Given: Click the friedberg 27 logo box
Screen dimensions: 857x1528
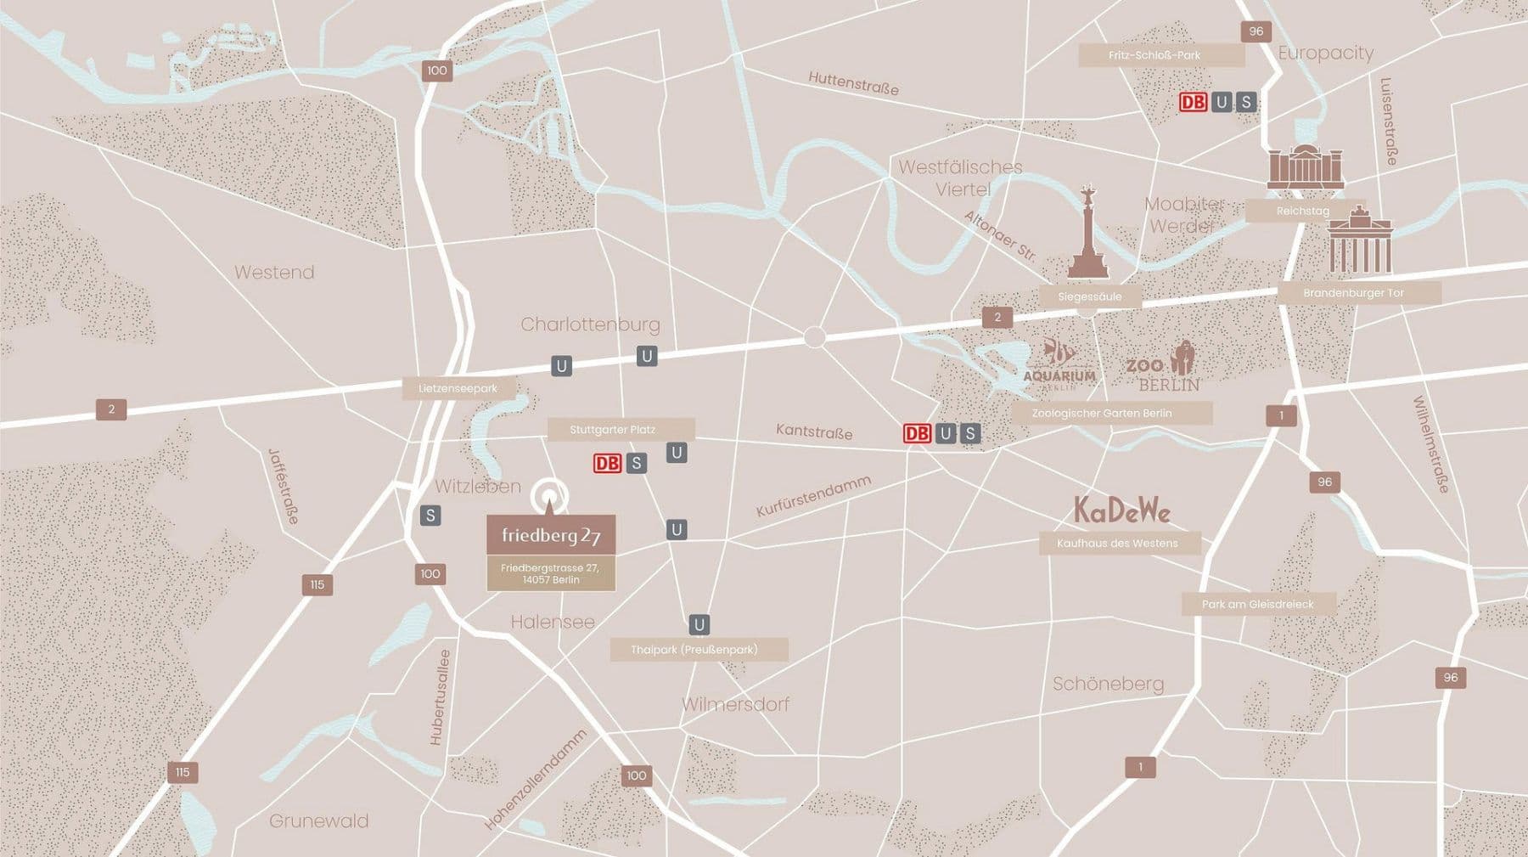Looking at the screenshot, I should (x=551, y=536).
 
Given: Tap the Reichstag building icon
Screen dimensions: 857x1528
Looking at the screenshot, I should (x=1306, y=166).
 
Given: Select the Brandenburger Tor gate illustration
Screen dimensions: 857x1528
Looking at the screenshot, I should (x=1360, y=242).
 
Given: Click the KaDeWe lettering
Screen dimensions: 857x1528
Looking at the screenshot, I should (x=1122, y=510).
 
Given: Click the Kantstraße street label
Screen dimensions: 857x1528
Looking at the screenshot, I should (x=813, y=431).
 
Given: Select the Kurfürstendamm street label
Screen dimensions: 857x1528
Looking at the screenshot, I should (x=813, y=496).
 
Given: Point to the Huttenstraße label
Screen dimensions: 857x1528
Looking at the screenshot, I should (x=852, y=82).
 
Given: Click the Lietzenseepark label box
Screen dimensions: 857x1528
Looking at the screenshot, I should (x=458, y=389).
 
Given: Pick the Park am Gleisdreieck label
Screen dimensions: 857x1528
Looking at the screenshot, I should (x=1258, y=605).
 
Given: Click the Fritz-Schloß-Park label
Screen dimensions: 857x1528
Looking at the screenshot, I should (x=1154, y=55).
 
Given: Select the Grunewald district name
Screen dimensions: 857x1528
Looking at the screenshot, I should (x=318, y=820).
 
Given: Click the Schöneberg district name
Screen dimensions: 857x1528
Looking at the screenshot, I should (x=1108, y=684).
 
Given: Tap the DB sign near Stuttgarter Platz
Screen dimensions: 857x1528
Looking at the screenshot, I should (x=608, y=463).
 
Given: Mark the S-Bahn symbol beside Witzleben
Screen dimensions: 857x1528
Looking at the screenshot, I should (x=430, y=516).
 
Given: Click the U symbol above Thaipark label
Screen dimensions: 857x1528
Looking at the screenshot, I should (x=699, y=625).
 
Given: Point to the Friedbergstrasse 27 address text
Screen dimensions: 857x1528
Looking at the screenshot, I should (x=551, y=573).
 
